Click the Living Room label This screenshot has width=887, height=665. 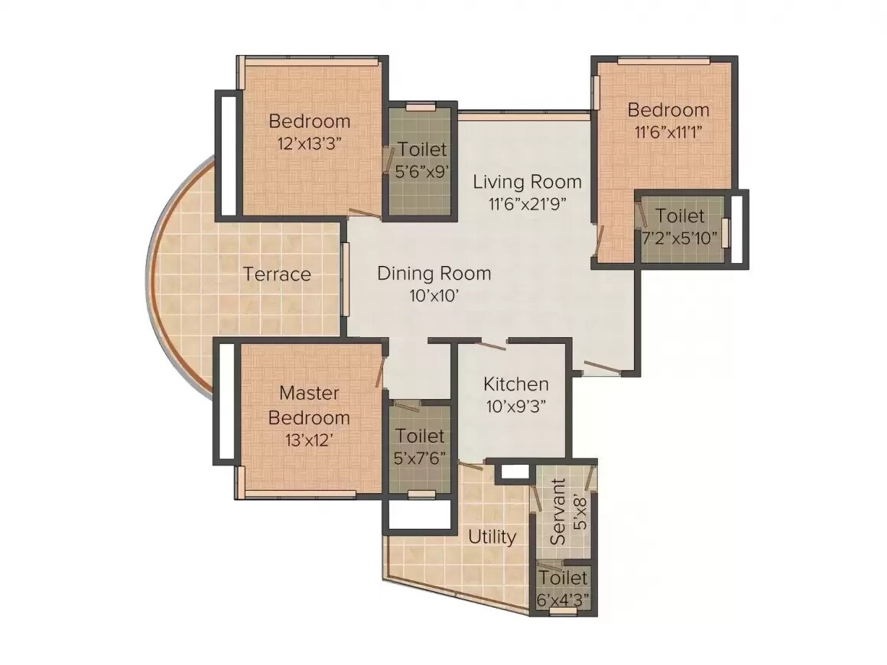527,182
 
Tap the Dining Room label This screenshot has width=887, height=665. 434,274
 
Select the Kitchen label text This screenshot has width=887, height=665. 516,384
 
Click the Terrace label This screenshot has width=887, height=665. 277,274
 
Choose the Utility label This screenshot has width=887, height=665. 492,537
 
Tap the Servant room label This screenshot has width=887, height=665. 560,511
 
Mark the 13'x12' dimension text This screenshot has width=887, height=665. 309,440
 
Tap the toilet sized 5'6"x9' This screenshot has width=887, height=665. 421,160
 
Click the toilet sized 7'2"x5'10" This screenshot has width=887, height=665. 681,226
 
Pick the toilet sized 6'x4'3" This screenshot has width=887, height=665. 563,589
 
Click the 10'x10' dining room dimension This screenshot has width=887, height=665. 434,295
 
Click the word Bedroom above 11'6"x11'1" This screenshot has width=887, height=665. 668,110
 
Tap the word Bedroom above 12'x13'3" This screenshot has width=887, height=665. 309,121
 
